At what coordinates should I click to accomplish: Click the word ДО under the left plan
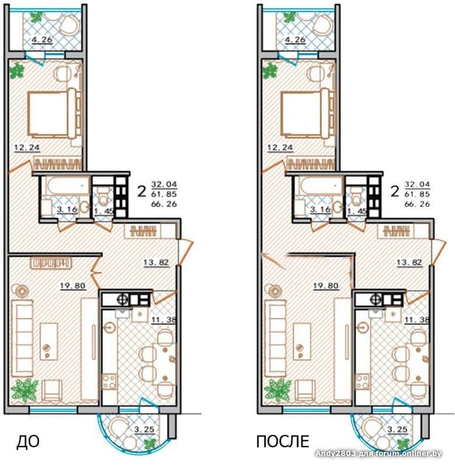point(27,442)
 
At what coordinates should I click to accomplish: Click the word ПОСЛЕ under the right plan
point(283,442)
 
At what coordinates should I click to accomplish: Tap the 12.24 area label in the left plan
point(27,147)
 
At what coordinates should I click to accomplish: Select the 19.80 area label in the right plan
point(326,286)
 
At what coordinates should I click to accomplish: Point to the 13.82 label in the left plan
point(156,263)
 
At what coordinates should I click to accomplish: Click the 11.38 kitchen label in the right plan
point(416,320)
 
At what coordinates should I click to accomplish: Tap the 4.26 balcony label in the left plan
point(42,39)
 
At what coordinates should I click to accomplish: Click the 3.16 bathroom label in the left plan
point(67,210)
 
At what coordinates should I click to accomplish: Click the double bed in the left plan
point(51,114)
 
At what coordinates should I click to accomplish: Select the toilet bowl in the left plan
point(103,196)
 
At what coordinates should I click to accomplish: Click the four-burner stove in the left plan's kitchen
point(109,382)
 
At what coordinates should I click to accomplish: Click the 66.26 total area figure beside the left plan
point(164,204)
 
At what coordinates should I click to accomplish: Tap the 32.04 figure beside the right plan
point(417,184)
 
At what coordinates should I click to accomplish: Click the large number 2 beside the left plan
point(142,192)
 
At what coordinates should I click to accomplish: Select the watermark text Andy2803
point(335,454)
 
